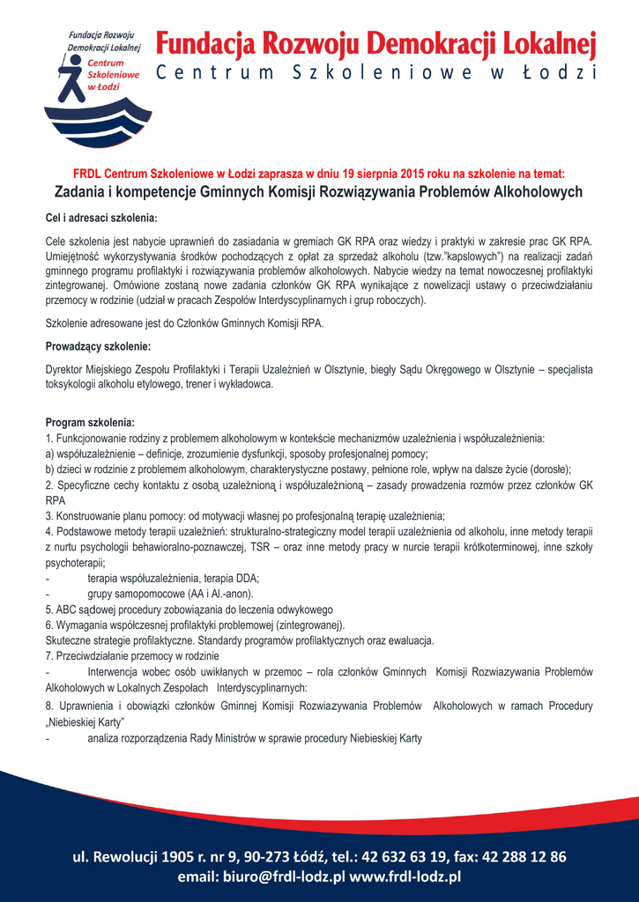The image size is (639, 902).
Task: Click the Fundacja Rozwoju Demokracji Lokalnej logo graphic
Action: [x=98, y=87]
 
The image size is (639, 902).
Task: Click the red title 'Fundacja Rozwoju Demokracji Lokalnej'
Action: [x=376, y=43]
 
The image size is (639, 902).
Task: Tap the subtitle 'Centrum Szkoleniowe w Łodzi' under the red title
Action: [x=376, y=73]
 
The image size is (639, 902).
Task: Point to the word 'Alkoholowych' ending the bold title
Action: [x=538, y=192]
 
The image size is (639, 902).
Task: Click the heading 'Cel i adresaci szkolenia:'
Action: [x=101, y=218]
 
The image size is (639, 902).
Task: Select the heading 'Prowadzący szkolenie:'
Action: [x=98, y=346]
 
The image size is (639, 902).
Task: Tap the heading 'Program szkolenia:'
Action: [x=90, y=422]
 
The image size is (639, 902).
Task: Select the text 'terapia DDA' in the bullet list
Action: [x=231, y=578]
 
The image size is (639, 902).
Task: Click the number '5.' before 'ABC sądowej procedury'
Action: [x=49, y=610]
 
